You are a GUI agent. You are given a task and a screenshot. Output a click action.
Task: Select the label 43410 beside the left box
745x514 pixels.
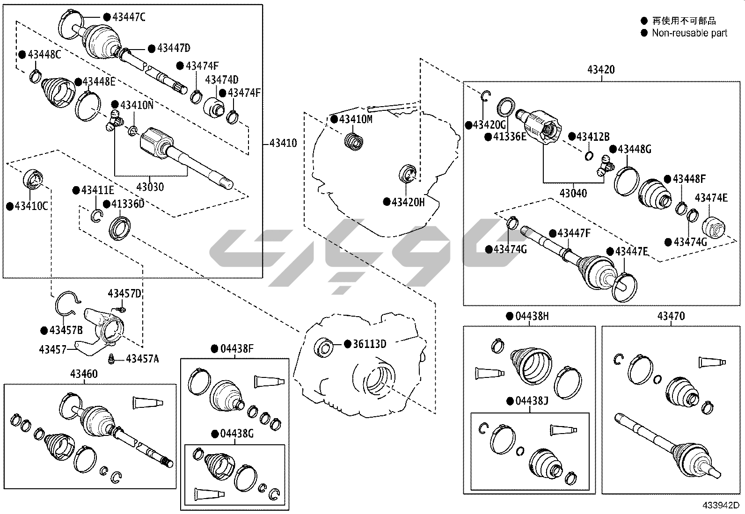283,143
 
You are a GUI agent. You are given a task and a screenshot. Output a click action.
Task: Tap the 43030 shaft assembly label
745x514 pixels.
150,187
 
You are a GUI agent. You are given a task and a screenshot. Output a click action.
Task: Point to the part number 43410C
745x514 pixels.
31,206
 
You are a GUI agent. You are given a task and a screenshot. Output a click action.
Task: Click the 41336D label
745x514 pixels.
128,204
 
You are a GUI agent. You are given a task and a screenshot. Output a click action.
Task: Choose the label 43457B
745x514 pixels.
66,330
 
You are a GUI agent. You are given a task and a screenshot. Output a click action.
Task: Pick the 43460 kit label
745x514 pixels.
84,374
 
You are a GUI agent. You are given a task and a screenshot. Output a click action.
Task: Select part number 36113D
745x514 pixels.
370,344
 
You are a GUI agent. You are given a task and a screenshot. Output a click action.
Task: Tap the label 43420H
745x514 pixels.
408,202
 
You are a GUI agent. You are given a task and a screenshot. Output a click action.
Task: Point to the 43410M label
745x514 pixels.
356,119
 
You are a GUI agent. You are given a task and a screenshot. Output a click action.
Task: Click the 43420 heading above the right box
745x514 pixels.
601,70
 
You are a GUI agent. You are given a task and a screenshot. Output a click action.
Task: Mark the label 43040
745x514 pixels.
573,193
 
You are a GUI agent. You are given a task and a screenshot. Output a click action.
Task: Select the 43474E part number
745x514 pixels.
711,198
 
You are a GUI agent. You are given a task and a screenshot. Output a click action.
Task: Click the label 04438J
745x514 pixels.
532,401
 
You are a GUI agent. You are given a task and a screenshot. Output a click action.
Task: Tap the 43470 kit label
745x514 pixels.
671,316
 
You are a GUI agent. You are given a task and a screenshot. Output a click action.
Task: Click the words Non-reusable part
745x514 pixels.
690,33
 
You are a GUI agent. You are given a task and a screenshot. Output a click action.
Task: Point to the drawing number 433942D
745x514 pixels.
720,506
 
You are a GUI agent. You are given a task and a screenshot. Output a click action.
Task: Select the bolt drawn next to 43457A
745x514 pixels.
112,359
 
